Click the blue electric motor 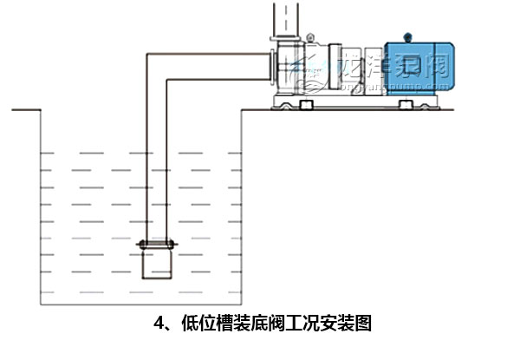coord(417,67)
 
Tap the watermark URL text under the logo coord(373,87)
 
